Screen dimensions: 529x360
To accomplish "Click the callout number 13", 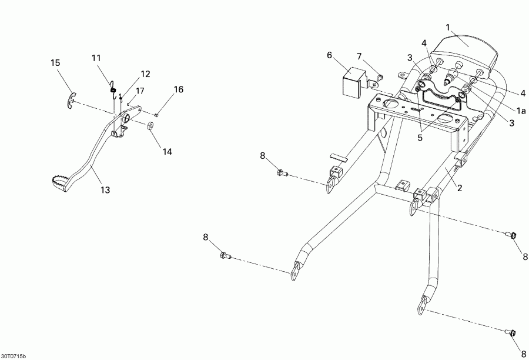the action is click(105, 190).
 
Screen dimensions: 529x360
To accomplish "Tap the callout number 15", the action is click(55, 63).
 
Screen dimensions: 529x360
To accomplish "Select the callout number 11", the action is click(96, 58).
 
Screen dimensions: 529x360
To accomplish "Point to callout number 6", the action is click(329, 55).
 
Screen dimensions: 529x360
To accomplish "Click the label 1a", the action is click(521, 111).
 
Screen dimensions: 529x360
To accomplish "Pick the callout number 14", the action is click(168, 152).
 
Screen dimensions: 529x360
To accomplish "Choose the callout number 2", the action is click(459, 188).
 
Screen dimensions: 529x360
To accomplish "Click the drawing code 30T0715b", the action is click(14, 356).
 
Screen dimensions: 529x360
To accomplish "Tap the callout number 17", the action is click(140, 91).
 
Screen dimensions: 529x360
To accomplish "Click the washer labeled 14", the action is click(150, 126).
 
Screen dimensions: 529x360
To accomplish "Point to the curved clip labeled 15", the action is click(71, 101).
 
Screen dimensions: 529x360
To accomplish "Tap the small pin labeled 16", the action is click(156, 115).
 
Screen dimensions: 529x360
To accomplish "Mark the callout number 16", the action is click(179, 89).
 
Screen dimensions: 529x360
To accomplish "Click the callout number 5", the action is click(420, 138).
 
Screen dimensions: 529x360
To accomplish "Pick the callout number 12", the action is click(145, 74).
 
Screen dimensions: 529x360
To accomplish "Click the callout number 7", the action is click(359, 56).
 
